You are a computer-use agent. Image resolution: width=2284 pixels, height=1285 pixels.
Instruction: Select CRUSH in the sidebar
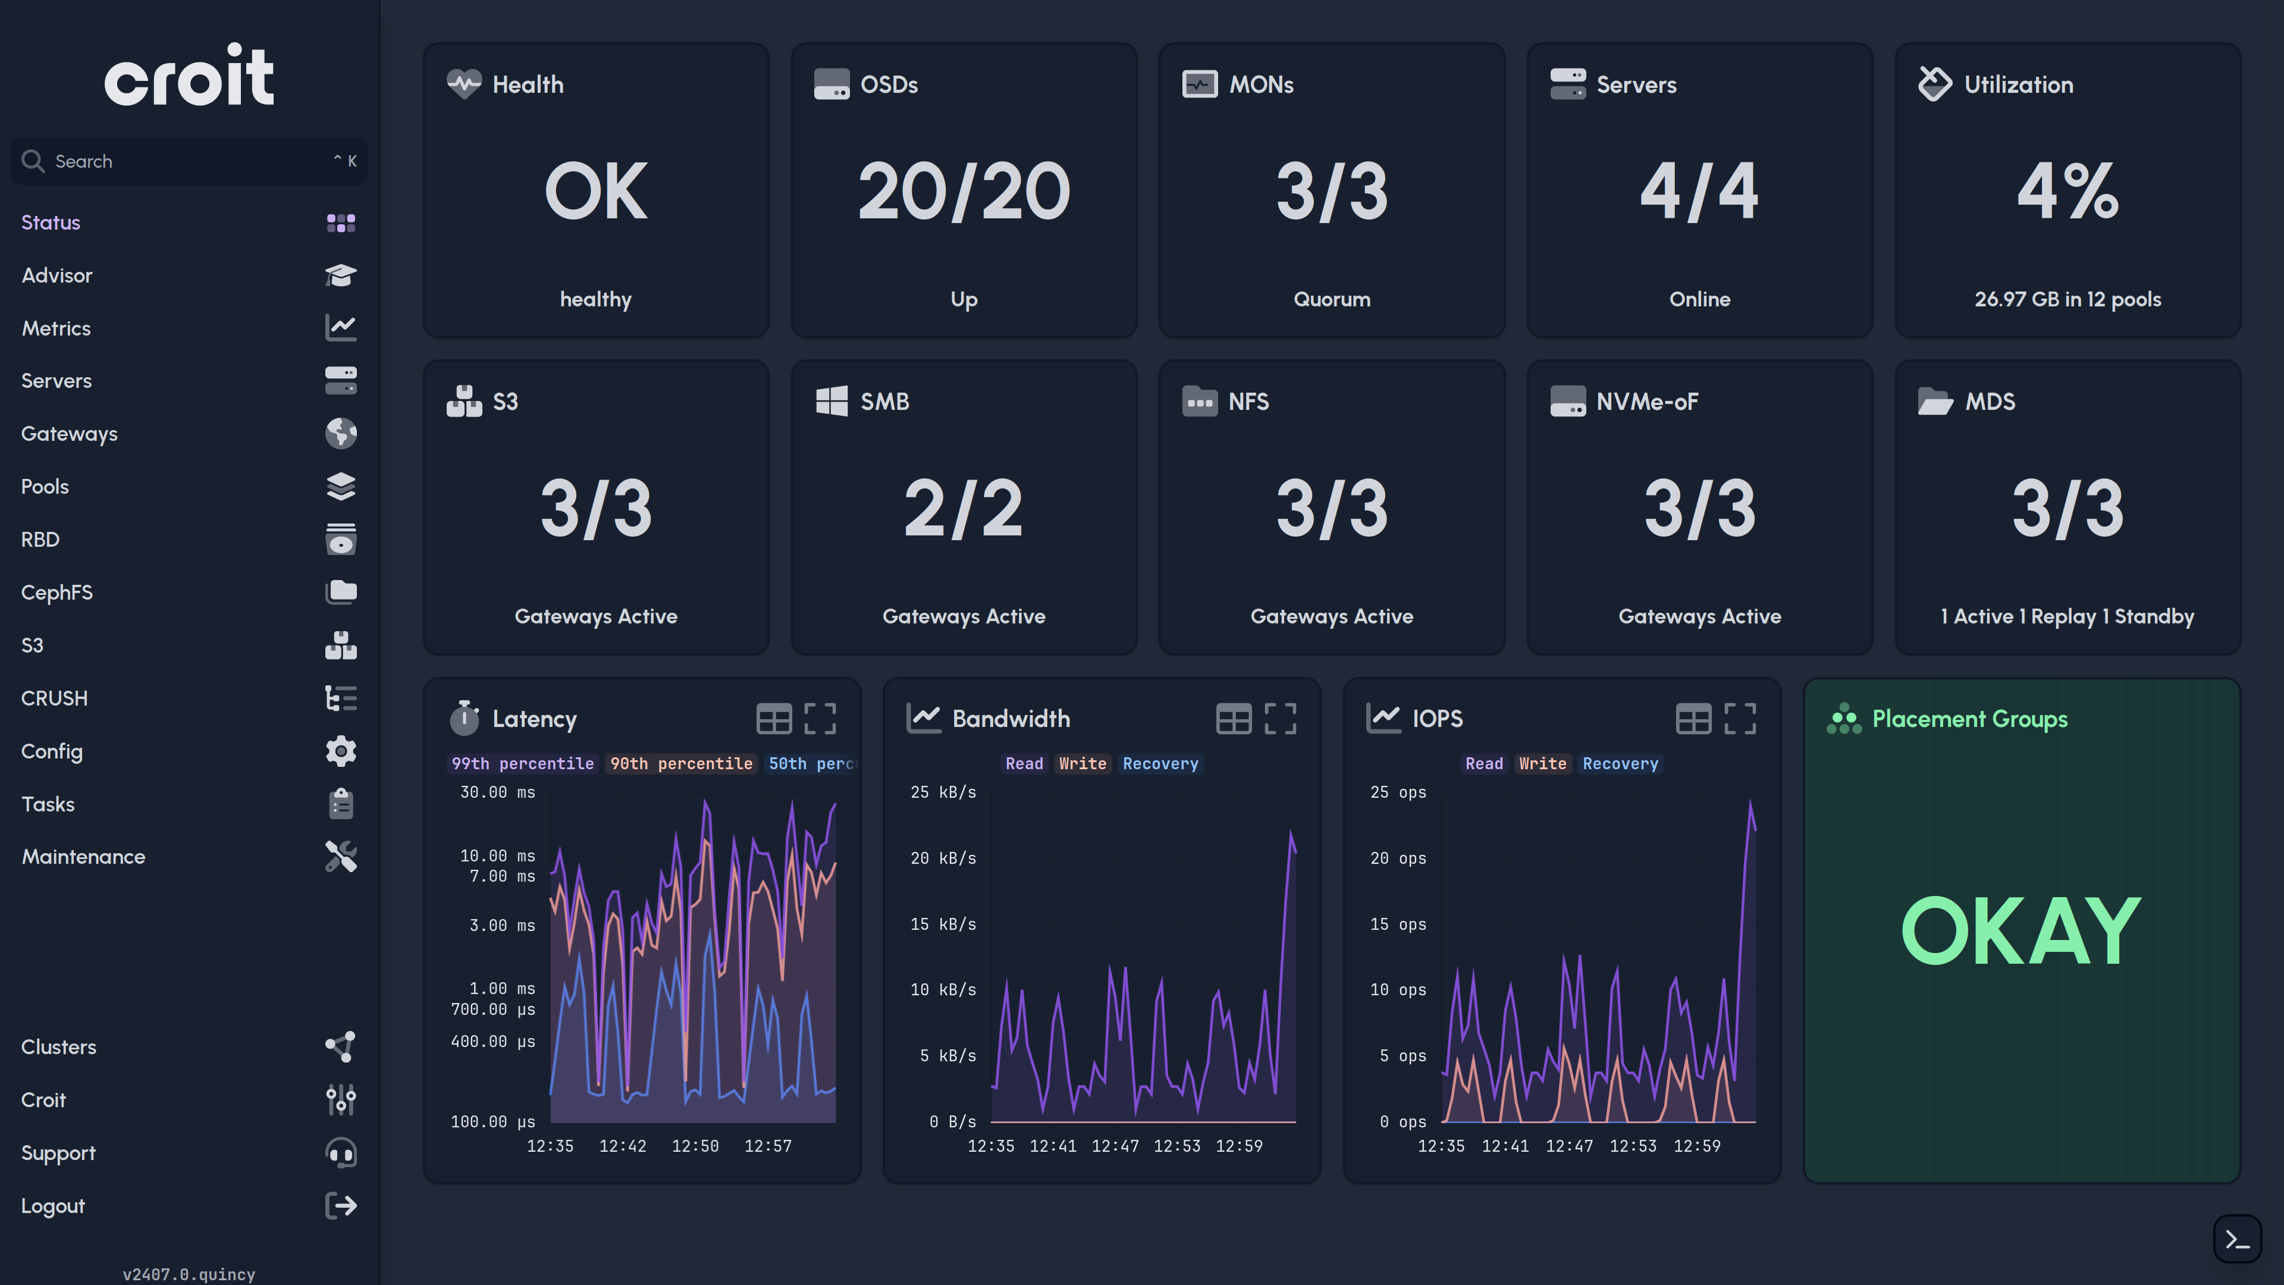click(x=54, y=698)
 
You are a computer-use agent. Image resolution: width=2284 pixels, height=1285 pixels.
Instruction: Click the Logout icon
click(x=340, y=1205)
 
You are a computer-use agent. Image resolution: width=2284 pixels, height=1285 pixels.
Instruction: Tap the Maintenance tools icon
click(x=340, y=857)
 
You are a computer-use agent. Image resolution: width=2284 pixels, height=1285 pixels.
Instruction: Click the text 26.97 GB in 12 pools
click(x=2067, y=299)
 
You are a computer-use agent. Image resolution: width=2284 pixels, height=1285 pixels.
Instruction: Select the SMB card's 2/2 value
click(x=963, y=508)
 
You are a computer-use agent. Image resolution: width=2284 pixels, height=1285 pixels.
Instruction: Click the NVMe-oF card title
click(x=1646, y=402)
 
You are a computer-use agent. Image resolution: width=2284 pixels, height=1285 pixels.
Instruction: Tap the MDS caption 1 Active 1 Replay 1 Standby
click(x=2067, y=616)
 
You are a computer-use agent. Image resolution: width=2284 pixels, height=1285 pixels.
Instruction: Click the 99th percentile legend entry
click(x=522, y=763)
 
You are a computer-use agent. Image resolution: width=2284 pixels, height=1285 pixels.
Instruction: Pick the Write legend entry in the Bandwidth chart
click(x=1082, y=763)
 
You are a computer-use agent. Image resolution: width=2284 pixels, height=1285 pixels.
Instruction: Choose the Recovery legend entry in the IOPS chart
click(x=1619, y=763)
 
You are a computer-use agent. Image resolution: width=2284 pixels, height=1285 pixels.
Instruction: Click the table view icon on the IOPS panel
click(x=1693, y=718)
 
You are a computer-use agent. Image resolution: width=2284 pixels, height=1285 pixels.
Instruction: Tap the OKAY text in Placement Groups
click(x=2021, y=930)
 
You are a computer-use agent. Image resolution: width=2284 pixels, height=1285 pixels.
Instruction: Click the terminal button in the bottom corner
click(x=2236, y=1239)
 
